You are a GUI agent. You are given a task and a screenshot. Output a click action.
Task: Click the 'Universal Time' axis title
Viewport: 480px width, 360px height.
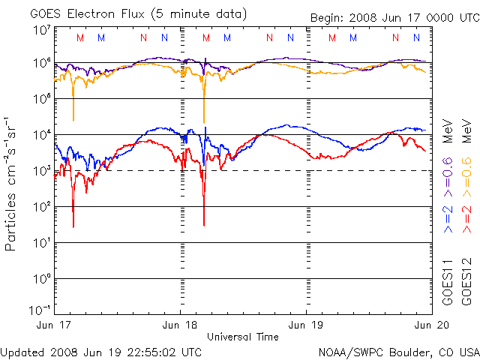243,337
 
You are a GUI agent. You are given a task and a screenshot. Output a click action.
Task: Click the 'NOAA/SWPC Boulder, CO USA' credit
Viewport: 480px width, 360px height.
398,352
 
